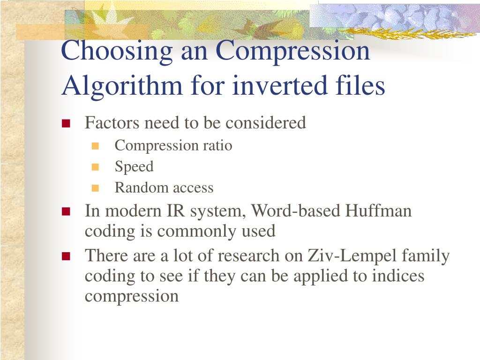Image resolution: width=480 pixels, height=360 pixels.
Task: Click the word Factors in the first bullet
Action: tap(112, 123)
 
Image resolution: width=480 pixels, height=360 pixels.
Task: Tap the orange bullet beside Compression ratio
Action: tap(96, 146)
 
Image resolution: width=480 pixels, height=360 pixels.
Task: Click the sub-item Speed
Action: tap(134, 167)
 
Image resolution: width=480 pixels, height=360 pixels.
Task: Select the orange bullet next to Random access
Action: tap(96, 188)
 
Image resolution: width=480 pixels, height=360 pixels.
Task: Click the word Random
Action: tap(135, 188)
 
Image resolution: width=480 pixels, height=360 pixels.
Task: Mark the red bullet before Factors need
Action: tap(66, 124)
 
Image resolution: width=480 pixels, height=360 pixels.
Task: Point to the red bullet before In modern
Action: tap(66, 211)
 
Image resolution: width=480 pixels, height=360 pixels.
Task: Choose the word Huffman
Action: tap(378, 211)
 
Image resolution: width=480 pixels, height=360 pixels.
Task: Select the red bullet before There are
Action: tap(66, 256)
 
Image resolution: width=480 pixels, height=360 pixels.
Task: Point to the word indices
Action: tap(398, 276)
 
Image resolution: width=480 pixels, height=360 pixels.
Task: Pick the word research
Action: tap(249, 256)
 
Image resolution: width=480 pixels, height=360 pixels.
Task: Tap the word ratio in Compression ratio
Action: tap(217, 146)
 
